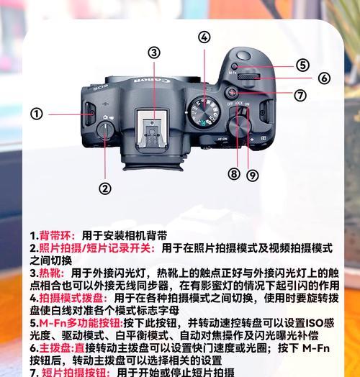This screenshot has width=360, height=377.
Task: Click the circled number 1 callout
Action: (x=37, y=114)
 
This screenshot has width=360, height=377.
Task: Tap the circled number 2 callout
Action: (x=106, y=189)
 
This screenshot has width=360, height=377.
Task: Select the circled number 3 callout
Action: (x=154, y=52)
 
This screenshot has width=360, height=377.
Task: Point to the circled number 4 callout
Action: (x=204, y=37)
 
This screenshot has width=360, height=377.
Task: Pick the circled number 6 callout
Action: (x=324, y=78)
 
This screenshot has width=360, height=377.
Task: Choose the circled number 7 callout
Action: (x=300, y=94)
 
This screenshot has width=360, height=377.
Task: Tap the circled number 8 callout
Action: (x=233, y=173)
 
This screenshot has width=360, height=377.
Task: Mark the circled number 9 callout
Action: (x=252, y=174)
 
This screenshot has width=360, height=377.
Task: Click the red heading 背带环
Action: (x=54, y=235)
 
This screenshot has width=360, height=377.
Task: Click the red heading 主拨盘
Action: (x=54, y=348)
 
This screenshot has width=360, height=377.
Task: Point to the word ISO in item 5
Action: (x=313, y=323)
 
